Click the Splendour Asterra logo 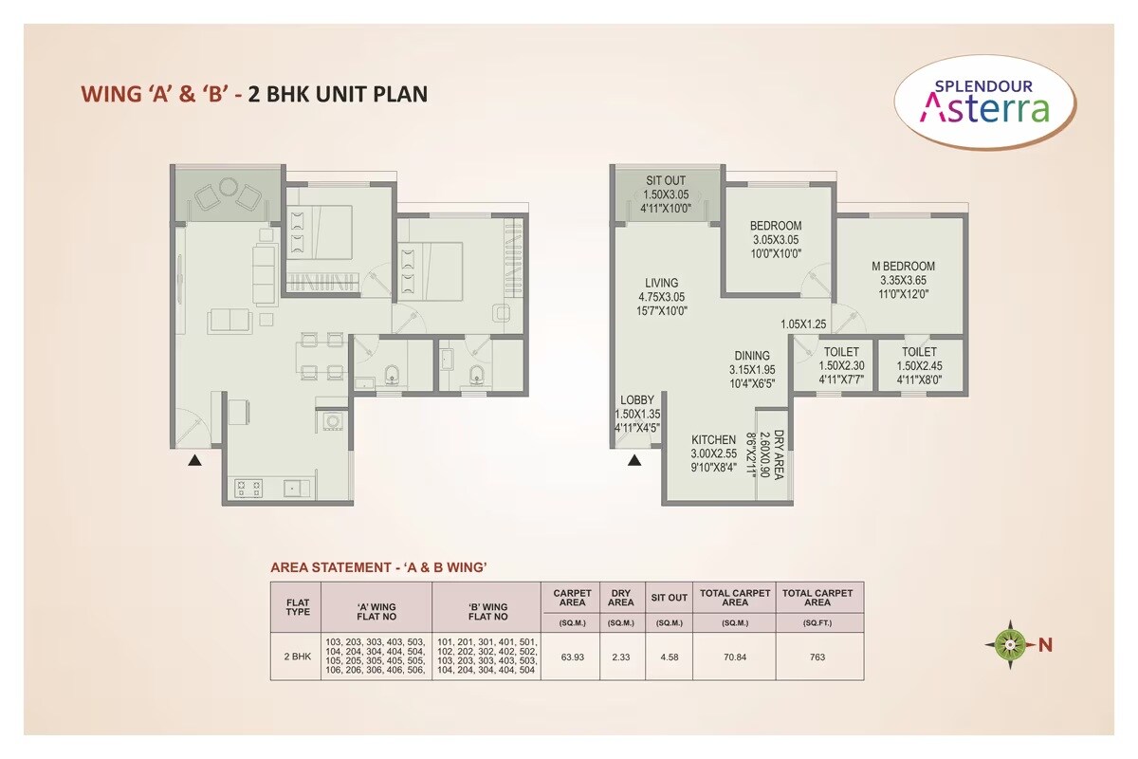[x=986, y=102]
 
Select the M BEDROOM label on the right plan [x=903, y=266]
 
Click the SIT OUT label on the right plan [x=666, y=180]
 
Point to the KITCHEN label [x=713, y=439]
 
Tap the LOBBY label [x=637, y=400]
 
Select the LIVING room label [x=661, y=283]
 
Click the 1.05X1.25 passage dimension [x=804, y=324]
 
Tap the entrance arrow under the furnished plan [x=194, y=461]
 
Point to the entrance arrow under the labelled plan [x=634, y=461]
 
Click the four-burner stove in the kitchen [x=249, y=488]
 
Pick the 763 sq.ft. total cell [x=817, y=656]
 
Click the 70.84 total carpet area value [x=734, y=656]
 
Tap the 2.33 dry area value [x=620, y=656]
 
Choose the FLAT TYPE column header [x=297, y=606]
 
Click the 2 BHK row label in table [x=297, y=656]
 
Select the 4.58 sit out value [x=669, y=656]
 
